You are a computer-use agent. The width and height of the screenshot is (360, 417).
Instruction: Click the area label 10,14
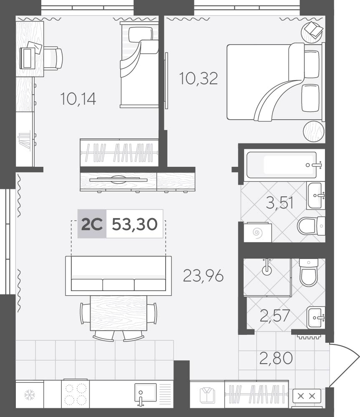pos(78,99)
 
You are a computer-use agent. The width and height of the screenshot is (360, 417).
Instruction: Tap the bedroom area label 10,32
pos(199,79)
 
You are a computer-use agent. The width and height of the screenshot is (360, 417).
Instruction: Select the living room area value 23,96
pos(203,276)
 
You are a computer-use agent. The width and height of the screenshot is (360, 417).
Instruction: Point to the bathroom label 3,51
pos(280,203)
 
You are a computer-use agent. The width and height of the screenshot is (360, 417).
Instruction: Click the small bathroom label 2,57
pos(274,316)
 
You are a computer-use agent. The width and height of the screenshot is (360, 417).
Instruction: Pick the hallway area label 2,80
pos(276,358)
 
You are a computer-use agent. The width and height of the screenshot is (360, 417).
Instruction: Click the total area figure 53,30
pos(135,224)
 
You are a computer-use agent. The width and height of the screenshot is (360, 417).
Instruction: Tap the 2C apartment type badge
pos(92,224)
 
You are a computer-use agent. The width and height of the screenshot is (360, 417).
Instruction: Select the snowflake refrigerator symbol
pos(30,394)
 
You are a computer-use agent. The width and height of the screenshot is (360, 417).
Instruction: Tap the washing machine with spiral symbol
pos(257,232)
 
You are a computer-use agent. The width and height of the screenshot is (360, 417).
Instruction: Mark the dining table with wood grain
pos(118,313)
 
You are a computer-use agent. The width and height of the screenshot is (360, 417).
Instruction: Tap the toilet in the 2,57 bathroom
pos(309,273)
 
